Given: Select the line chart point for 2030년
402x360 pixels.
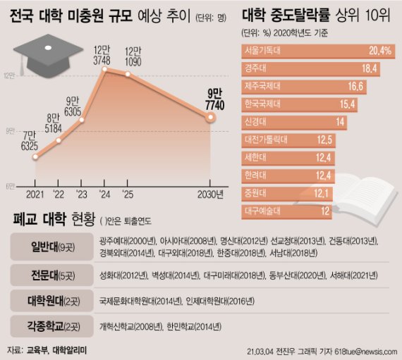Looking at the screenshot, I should coord(209,117).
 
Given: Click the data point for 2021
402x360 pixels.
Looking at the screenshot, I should coord(35,156).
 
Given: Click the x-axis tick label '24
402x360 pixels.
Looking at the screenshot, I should coord(105,194).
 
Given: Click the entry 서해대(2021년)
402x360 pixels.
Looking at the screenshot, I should coord(351,275).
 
